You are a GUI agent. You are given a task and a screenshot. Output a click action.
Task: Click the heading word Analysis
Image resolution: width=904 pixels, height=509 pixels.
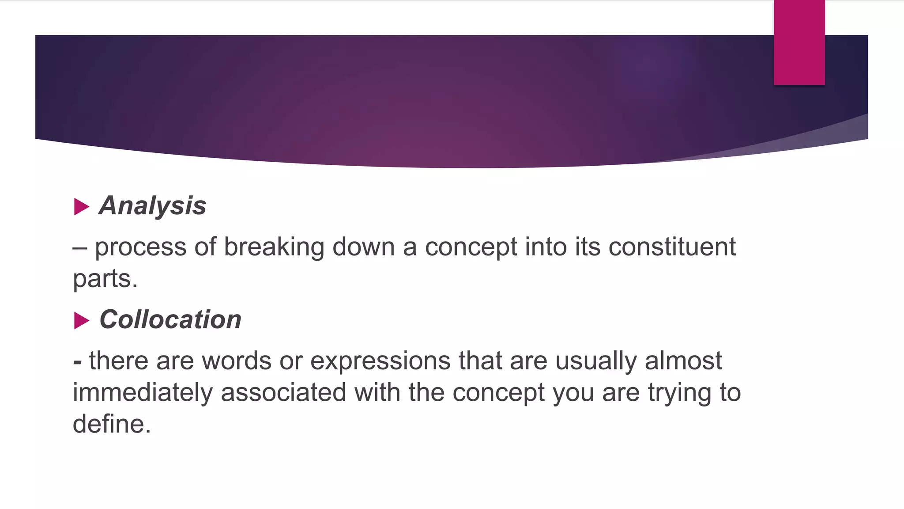(x=153, y=206)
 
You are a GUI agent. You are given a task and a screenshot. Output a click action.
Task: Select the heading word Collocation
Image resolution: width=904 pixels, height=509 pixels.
(x=170, y=319)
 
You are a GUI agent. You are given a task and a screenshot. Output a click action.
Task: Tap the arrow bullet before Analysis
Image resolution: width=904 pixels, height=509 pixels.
(x=81, y=207)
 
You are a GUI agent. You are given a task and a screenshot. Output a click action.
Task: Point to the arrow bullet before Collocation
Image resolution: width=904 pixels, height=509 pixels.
(x=81, y=320)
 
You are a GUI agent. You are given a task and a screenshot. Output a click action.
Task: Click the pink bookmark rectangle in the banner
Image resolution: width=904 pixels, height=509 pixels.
(x=799, y=42)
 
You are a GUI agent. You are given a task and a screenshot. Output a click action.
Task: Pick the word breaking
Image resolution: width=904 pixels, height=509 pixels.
(x=274, y=247)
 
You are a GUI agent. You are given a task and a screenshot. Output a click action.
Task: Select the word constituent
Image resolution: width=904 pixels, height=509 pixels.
(x=672, y=247)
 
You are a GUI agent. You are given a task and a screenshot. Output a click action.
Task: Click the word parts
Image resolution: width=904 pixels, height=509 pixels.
(x=105, y=279)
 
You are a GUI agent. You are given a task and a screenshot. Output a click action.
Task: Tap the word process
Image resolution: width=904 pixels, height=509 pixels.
(x=140, y=248)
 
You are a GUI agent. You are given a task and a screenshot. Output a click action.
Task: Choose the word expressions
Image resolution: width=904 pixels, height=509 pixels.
(x=380, y=361)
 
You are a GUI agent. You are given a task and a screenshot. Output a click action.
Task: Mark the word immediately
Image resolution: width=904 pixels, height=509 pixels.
(x=143, y=393)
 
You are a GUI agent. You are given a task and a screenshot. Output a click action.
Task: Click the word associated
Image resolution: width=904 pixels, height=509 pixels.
(x=283, y=393)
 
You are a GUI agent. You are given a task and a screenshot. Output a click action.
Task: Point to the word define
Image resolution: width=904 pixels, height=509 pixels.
(x=112, y=424)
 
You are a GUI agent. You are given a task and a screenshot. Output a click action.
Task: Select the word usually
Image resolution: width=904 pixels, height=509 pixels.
(x=596, y=361)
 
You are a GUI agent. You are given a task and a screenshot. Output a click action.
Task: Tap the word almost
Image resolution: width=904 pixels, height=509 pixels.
(x=683, y=361)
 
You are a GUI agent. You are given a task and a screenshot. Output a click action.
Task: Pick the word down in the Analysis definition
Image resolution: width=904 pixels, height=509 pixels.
(x=363, y=247)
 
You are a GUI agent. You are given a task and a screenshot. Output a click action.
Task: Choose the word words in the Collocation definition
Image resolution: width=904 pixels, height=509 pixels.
(x=237, y=361)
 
